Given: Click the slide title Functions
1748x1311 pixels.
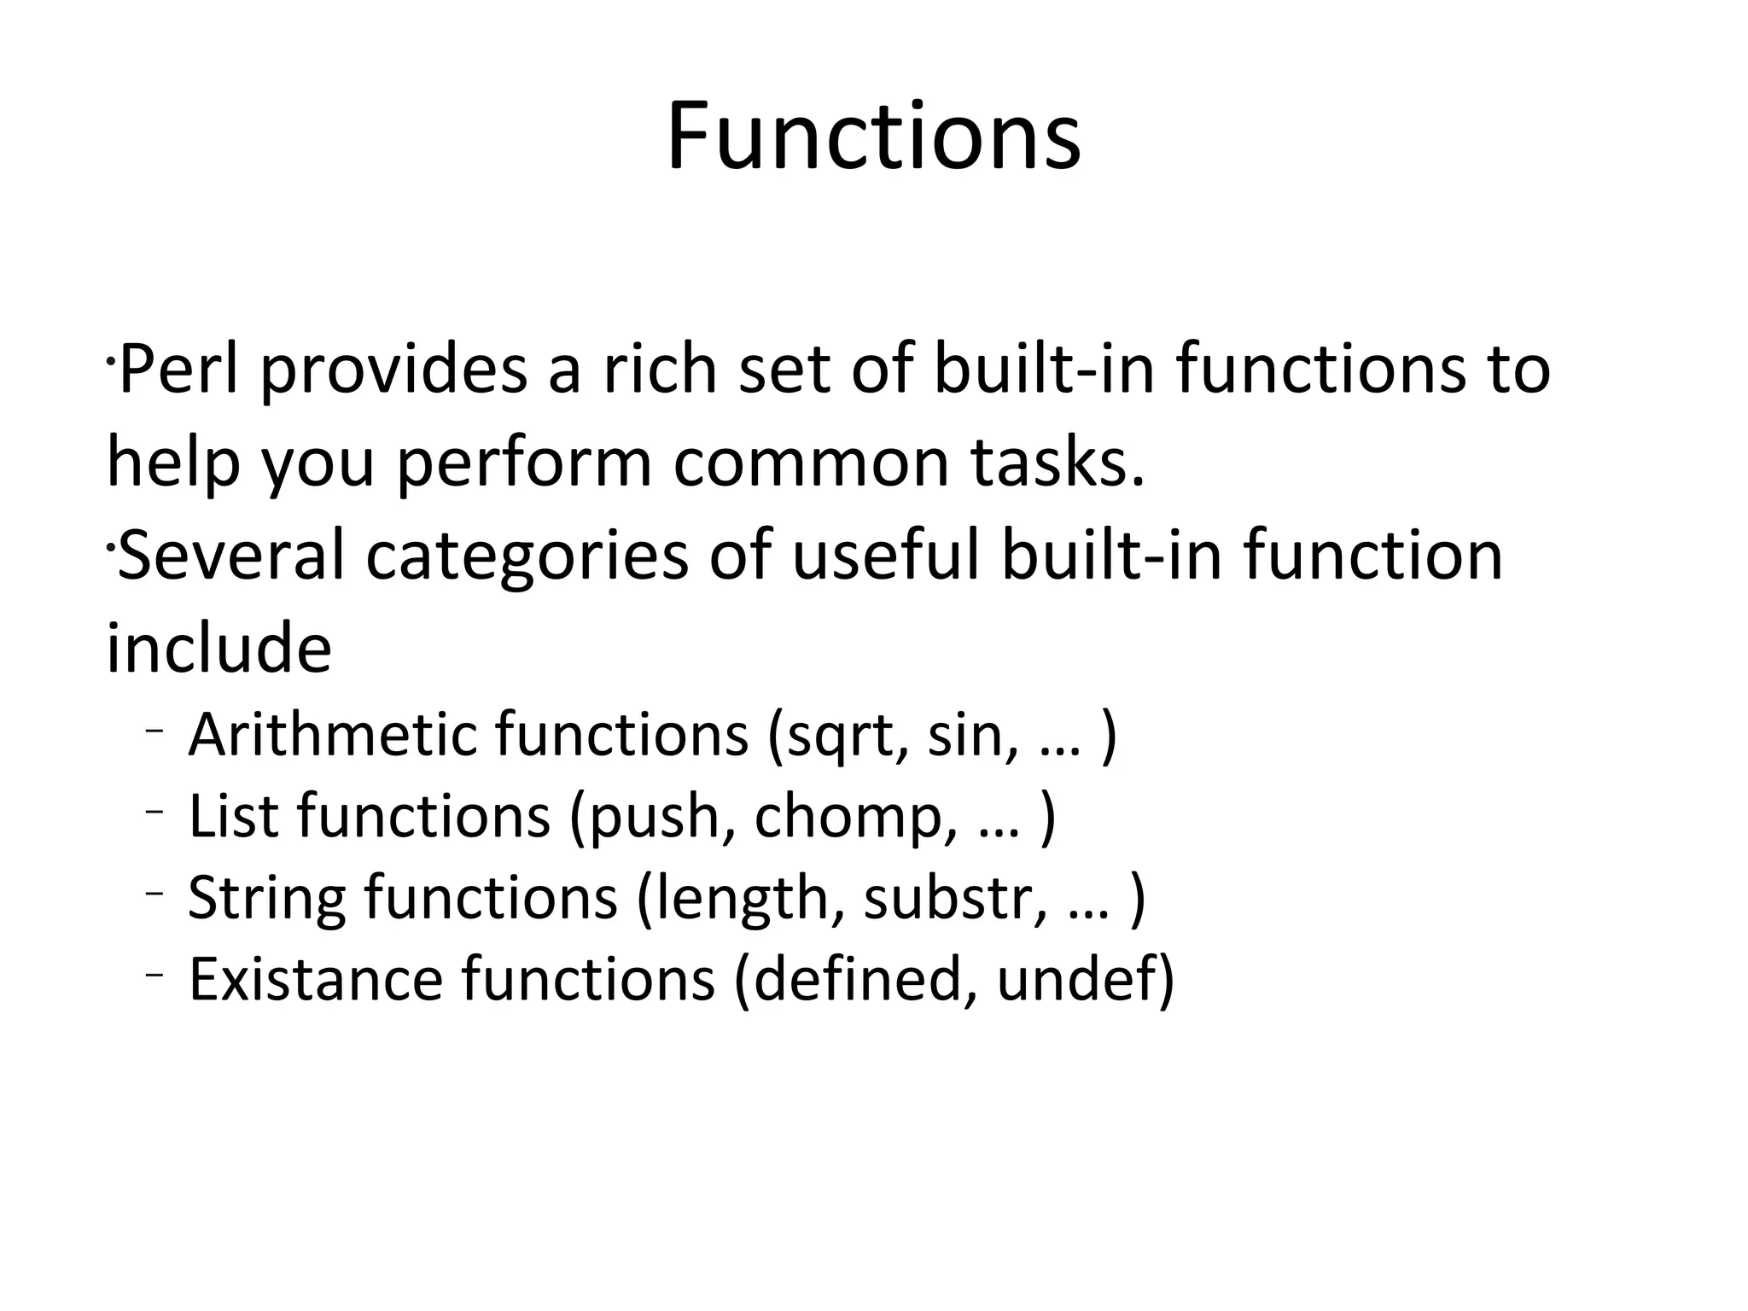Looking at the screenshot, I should [873, 137].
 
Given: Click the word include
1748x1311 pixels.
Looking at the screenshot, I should [218, 648].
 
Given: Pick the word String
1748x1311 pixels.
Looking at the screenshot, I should [266, 899].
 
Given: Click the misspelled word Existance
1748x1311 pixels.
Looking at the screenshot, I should [315, 978].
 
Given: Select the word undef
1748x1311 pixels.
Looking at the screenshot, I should [1077, 978].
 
